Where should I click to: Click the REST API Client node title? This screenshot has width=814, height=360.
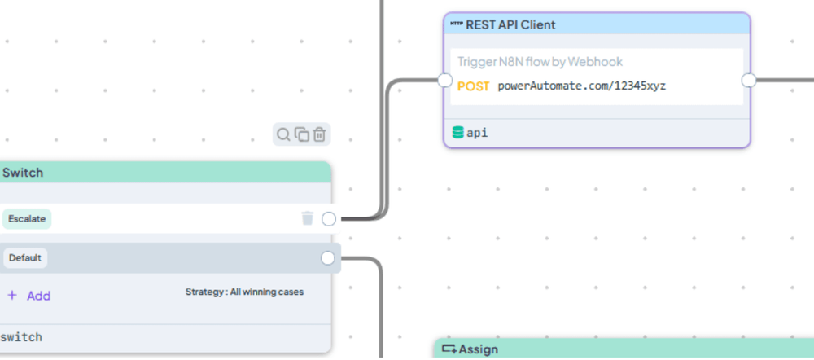point(511,24)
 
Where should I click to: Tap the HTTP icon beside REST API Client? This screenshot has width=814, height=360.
point(457,24)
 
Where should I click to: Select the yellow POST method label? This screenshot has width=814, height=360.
point(474,86)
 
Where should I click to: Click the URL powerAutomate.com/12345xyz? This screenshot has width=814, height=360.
point(581,86)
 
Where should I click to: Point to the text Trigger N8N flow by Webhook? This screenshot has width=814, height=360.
point(540,62)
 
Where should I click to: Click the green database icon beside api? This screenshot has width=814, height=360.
point(457,133)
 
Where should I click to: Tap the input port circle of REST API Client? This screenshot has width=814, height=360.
point(445,81)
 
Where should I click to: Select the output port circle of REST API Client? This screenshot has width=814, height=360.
point(749,81)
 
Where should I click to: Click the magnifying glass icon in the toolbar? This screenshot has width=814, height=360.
point(283,134)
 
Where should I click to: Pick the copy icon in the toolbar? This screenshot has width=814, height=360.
point(302,134)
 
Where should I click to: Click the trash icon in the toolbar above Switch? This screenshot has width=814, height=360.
point(319,134)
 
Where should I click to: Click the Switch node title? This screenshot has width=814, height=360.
point(23,173)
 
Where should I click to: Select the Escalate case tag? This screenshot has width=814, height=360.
point(27,219)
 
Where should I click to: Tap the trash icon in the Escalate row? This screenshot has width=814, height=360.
point(308,218)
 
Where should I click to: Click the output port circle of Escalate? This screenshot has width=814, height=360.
point(329,219)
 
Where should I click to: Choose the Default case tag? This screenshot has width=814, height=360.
point(25,258)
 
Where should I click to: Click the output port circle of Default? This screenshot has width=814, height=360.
point(327,258)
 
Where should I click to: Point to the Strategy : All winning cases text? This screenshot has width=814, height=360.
point(244,292)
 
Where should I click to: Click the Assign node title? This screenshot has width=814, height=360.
point(478,349)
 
